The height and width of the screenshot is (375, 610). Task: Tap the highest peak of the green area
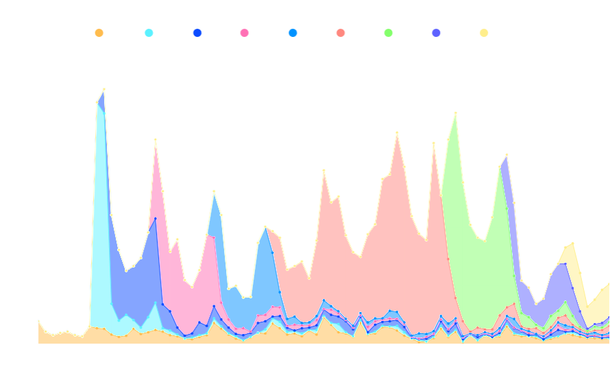point(456,114)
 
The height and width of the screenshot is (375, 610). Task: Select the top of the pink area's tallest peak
point(156,140)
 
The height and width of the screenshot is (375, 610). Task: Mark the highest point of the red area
point(397,133)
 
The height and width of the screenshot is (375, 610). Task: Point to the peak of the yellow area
point(572,243)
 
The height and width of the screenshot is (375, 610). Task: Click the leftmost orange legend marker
point(99,32)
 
